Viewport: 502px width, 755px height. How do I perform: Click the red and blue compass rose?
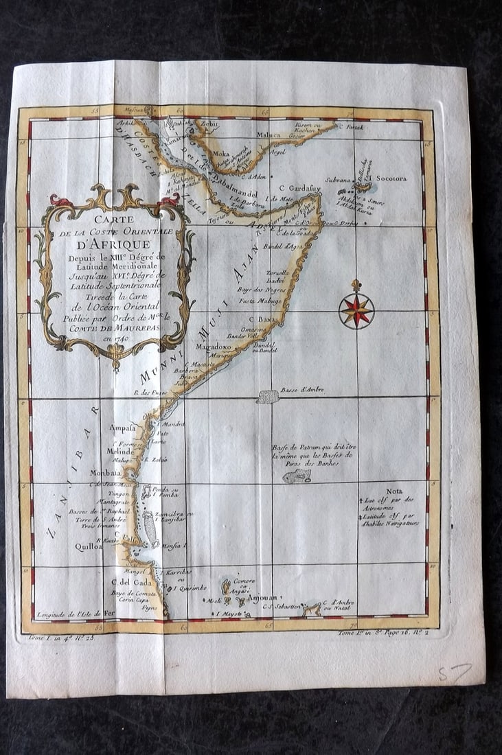pyautogui.click(x=356, y=310)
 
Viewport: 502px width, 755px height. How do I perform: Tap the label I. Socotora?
pyautogui.click(x=389, y=178)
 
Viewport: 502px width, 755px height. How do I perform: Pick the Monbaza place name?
pyautogui.click(x=106, y=473)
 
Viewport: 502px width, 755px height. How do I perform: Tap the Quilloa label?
pyautogui.click(x=89, y=546)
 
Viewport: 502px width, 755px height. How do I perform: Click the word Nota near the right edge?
pyautogui.click(x=394, y=491)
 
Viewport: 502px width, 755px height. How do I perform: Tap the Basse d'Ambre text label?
pyautogui.click(x=302, y=391)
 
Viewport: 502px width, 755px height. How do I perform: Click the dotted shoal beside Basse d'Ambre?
pyautogui.click(x=267, y=397)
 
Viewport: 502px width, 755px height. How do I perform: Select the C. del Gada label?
pyautogui.click(x=133, y=582)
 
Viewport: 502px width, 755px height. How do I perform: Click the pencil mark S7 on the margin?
pyautogui.click(x=455, y=672)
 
